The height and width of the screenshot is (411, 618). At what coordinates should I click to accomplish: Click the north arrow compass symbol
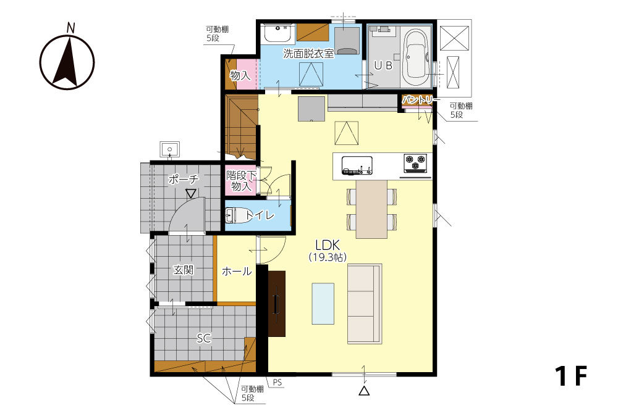click(x=67, y=61)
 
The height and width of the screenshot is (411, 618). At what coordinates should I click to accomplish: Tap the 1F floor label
click(x=571, y=376)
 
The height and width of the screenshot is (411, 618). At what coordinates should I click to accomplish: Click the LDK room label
click(x=328, y=245)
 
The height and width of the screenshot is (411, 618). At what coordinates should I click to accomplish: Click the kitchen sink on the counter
click(x=357, y=165)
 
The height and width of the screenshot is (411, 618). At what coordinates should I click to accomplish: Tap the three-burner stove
click(x=415, y=164)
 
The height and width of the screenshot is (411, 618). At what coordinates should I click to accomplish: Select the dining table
click(x=371, y=209)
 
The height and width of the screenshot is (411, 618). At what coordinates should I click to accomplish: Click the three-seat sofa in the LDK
click(x=365, y=304)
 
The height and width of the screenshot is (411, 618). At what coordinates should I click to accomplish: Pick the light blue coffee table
click(x=323, y=304)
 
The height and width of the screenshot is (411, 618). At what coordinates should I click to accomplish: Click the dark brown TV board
click(x=277, y=304)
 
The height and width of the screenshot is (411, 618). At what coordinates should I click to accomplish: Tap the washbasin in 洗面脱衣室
click(x=278, y=33)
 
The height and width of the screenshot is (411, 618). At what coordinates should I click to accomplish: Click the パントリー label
click(x=420, y=101)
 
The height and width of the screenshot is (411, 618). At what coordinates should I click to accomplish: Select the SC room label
click(x=204, y=338)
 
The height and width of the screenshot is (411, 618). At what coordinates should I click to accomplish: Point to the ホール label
click(x=237, y=271)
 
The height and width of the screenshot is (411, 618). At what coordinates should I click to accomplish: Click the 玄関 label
click(x=184, y=270)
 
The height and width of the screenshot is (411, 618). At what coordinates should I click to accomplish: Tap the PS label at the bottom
click(x=277, y=382)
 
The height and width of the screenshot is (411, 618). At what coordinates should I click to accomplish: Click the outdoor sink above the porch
click(x=169, y=149)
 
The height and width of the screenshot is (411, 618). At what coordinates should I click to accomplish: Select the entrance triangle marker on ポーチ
click(x=191, y=194)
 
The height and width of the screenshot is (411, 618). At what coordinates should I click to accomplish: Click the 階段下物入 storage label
click(x=241, y=181)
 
